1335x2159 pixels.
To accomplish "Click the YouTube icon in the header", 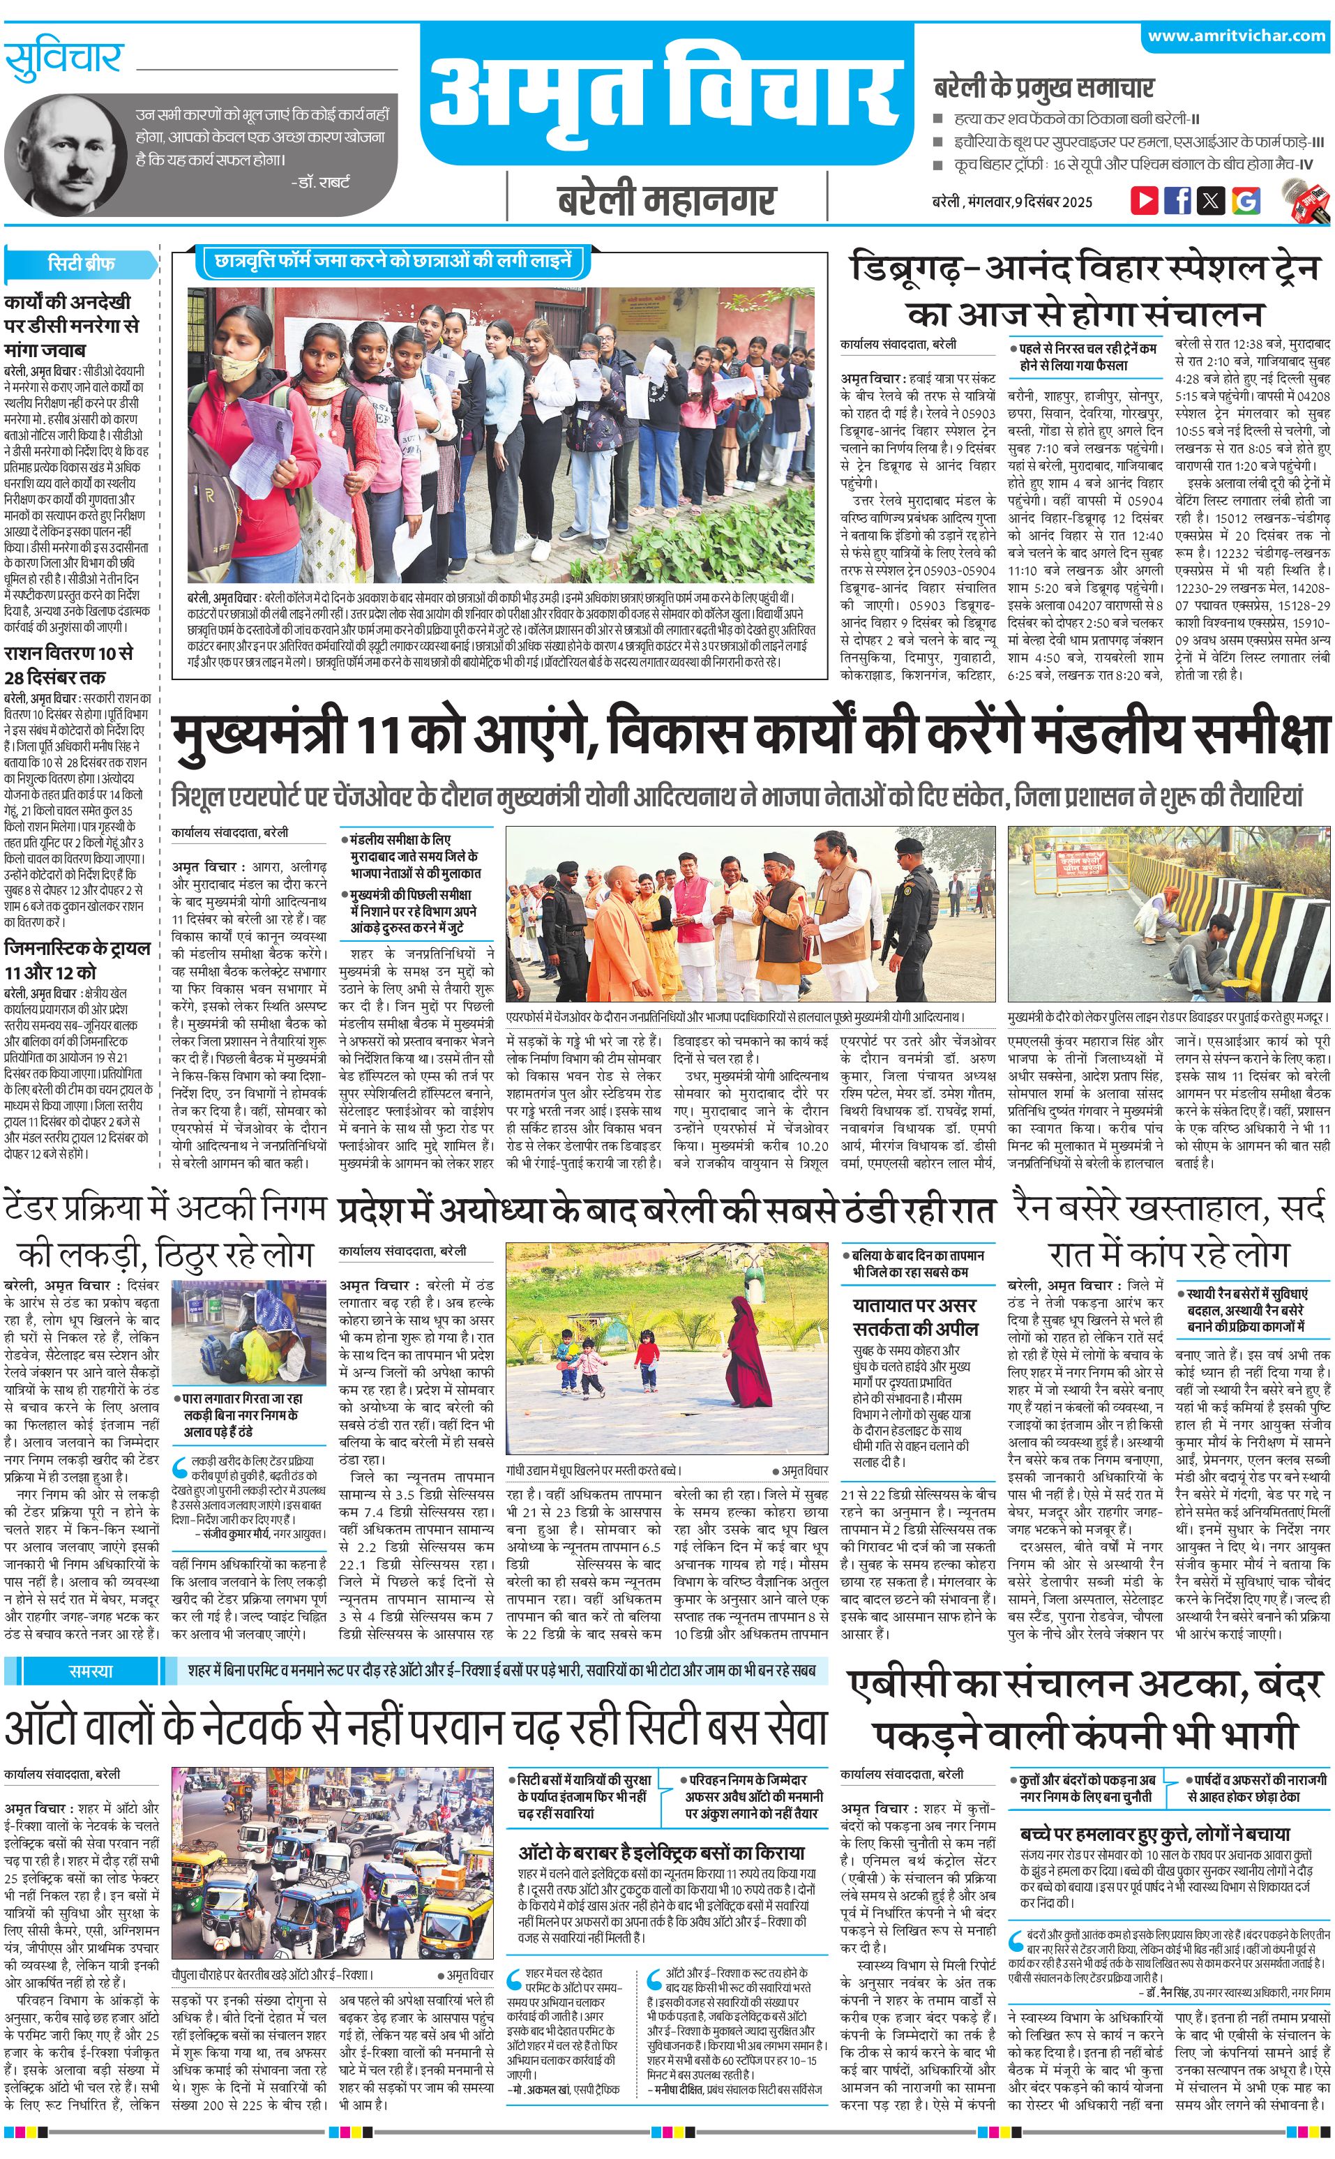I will click(1145, 200).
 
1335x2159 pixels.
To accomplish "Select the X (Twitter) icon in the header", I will click(1211, 200).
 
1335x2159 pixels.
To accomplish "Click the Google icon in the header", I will click(1245, 200).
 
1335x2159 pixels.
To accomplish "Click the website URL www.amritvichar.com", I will click(1236, 36).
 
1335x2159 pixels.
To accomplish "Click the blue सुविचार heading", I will click(63, 59).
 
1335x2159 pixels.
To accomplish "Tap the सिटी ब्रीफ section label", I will click(81, 263).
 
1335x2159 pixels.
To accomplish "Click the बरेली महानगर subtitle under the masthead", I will click(667, 200).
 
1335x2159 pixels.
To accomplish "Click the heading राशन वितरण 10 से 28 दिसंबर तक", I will click(69, 665).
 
